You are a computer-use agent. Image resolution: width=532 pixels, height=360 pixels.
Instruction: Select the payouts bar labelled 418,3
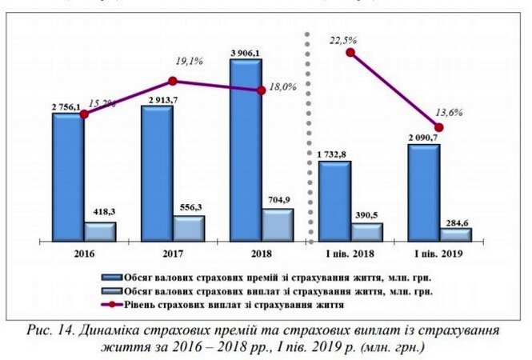tap(101, 231)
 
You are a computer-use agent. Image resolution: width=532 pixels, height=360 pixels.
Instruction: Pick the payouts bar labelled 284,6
tap(456, 234)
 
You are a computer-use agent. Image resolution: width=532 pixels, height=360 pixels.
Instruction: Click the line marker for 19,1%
tap(173, 81)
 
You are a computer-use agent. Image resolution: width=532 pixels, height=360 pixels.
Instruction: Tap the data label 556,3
tap(189, 208)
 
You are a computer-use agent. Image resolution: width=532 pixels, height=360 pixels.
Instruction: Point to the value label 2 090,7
tap(423, 138)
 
